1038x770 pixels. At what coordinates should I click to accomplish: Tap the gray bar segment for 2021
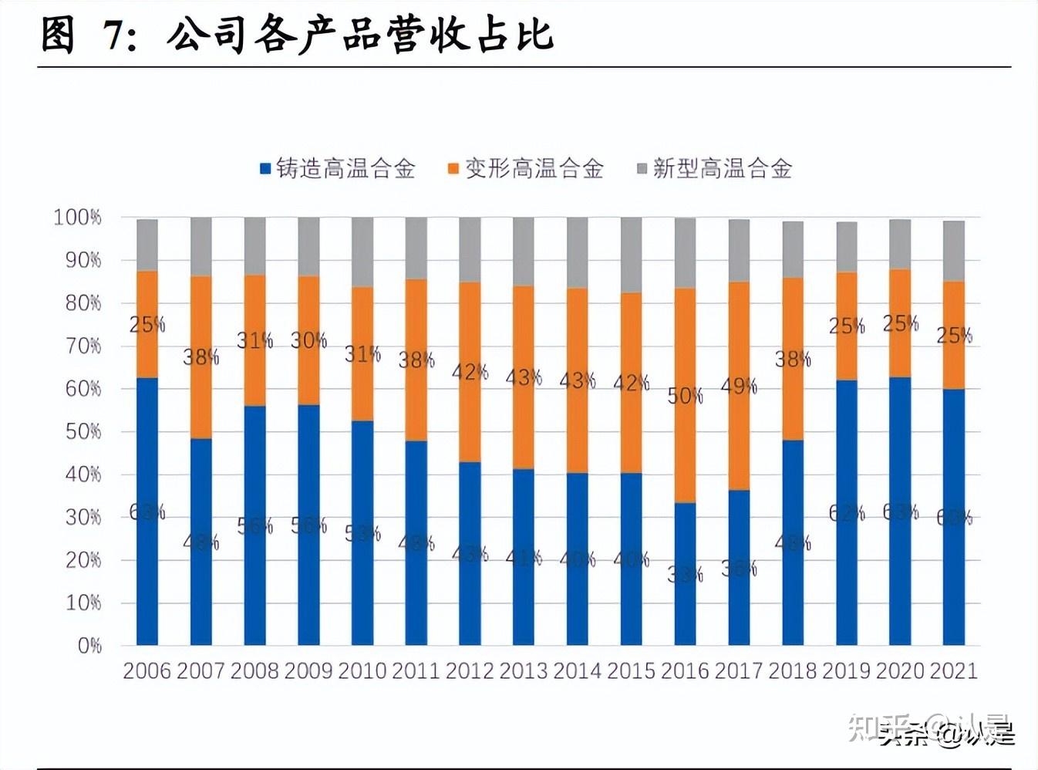[x=954, y=251]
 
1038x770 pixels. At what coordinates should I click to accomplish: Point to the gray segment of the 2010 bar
[x=362, y=252]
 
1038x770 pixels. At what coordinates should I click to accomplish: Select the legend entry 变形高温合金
[x=526, y=168]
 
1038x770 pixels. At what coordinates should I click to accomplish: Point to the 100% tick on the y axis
[x=77, y=218]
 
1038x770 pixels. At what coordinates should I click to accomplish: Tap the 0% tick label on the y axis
[x=89, y=646]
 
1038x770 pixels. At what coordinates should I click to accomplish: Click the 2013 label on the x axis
[x=523, y=670]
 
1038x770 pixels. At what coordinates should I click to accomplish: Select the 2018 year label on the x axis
[x=792, y=670]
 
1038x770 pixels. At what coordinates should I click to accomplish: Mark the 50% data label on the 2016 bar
[x=685, y=397]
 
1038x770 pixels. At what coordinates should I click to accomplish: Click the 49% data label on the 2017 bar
[x=739, y=386]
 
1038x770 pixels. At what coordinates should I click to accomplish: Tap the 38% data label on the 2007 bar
[x=201, y=356]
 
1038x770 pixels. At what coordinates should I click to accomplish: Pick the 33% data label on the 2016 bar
[x=685, y=574]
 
